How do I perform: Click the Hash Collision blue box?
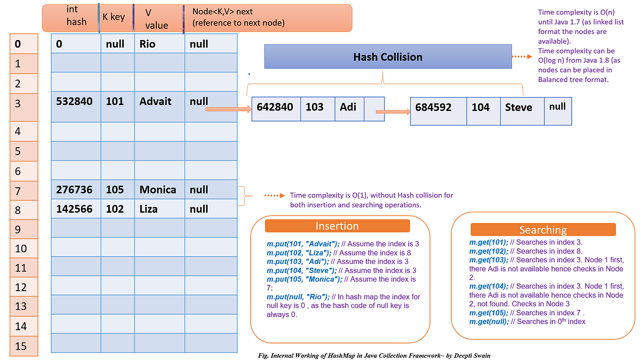coord(388,57)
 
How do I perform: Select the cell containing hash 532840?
coord(75,101)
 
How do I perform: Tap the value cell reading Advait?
coord(159,101)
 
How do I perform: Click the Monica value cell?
coord(158,189)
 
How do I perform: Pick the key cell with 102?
coord(117,209)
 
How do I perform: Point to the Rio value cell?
coord(159,44)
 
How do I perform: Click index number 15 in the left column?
coord(21,346)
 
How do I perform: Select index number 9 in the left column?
coord(21,229)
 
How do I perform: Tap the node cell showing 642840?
coord(275,107)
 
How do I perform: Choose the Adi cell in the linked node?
coord(349,107)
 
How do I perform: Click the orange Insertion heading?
coord(337,226)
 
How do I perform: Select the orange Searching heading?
coord(542,230)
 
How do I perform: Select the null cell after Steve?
coord(557,107)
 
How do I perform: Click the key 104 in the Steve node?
coord(481,108)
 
